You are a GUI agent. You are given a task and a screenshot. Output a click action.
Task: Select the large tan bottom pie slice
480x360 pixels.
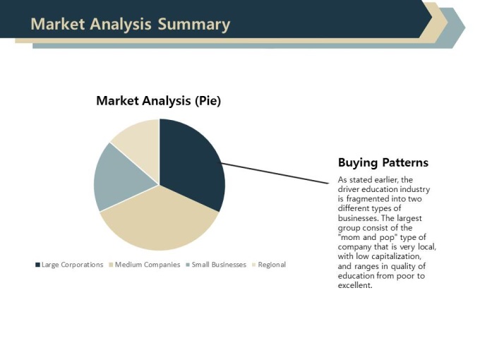click(x=160, y=220)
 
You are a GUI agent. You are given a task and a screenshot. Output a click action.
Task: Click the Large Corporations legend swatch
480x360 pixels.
click(x=37, y=265)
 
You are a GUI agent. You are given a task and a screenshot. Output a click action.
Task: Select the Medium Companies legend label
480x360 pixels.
click(x=148, y=265)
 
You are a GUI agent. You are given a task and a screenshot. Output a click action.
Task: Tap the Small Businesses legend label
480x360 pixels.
click(x=219, y=265)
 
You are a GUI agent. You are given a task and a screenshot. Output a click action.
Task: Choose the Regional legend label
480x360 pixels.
click(x=272, y=265)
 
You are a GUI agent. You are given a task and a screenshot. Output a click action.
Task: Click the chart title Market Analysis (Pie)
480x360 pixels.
click(x=159, y=101)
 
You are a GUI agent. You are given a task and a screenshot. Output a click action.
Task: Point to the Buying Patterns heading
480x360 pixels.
click(x=383, y=162)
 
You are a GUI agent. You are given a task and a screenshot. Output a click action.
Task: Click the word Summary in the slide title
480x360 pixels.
click(x=194, y=25)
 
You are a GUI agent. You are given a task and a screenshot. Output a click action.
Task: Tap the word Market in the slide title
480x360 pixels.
click(x=58, y=24)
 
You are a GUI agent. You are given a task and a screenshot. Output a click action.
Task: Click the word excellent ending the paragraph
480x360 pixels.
click(x=355, y=285)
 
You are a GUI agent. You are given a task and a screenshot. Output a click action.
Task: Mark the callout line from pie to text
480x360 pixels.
click(x=275, y=173)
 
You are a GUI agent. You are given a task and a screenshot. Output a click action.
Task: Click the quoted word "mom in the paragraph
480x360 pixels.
click(x=349, y=238)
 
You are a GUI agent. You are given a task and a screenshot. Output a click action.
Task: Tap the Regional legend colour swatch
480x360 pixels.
click(x=254, y=265)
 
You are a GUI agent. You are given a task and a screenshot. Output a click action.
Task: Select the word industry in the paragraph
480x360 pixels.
click(x=414, y=189)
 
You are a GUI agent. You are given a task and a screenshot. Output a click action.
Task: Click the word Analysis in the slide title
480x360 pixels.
click(x=121, y=25)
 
